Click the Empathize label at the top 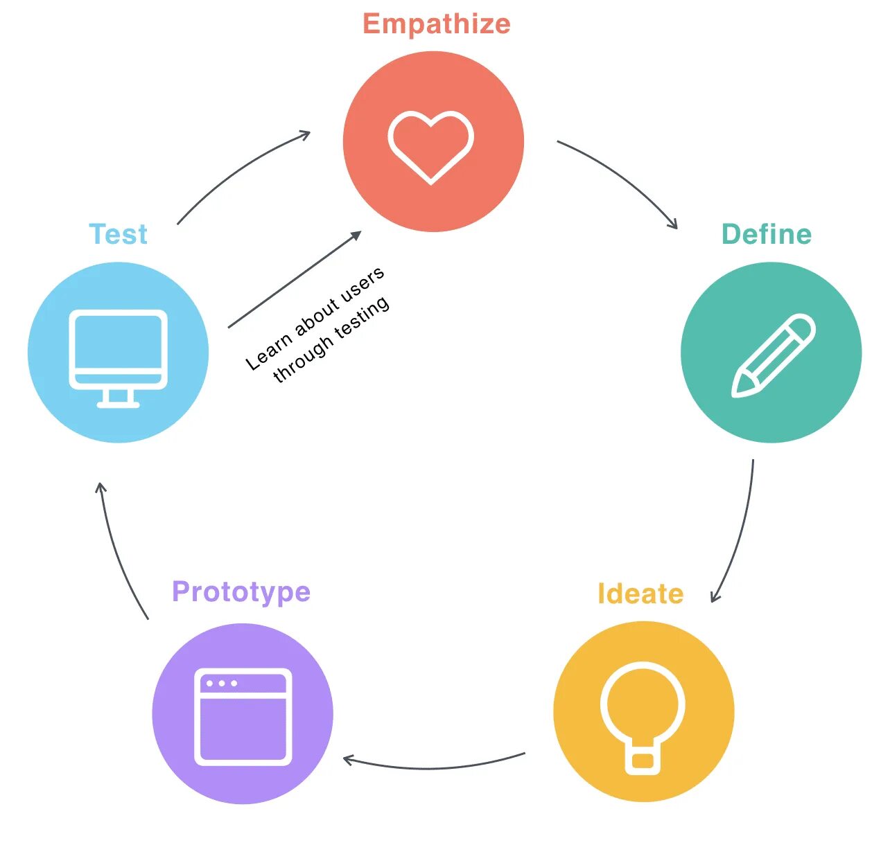point(437,24)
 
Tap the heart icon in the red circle point(431,146)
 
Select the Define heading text point(766,234)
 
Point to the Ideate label point(640,594)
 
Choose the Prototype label point(241,592)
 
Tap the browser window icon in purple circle point(243,717)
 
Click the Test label point(119,234)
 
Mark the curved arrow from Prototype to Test point(118,554)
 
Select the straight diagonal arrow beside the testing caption point(295,280)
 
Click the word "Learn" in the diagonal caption point(268,352)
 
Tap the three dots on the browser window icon point(222,684)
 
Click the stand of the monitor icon point(119,398)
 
